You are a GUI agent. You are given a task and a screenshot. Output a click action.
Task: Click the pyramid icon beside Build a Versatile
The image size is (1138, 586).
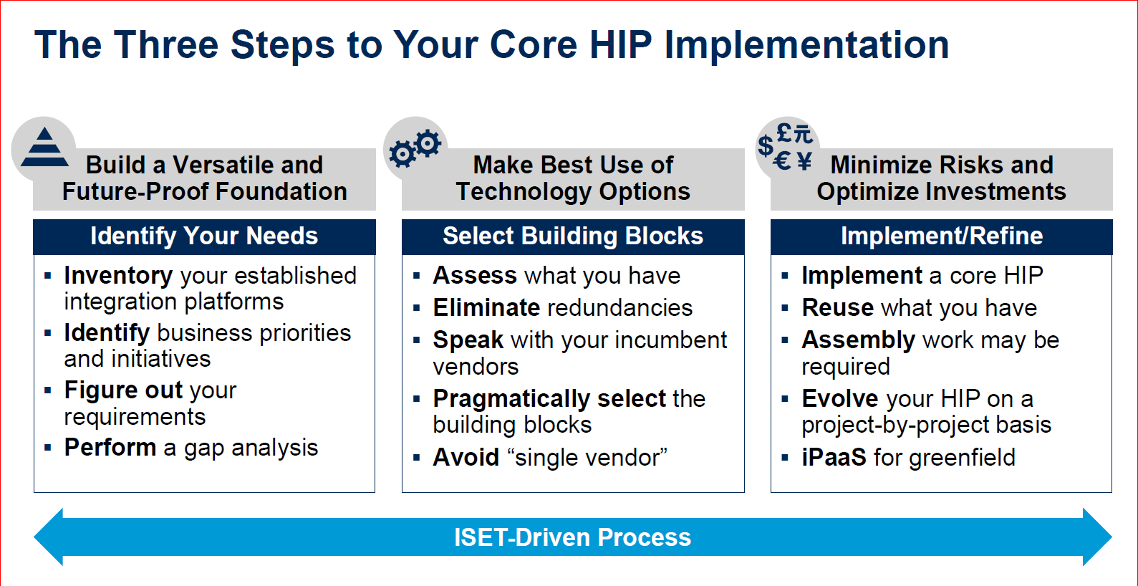pyautogui.click(x=44, y=148)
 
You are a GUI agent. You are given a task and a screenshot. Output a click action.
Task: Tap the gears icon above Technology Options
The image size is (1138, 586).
pyautogui.click(x=415, y=148)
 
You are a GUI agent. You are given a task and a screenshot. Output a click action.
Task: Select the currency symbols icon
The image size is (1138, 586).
pyautogui.click(x=786, y=148)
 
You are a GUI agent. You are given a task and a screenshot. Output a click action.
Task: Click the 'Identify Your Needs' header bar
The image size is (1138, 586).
pyautogui.click(x=204, y=237)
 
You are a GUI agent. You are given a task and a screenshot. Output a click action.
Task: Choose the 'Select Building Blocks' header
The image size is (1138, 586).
pyautogui.click(x=573, y=237)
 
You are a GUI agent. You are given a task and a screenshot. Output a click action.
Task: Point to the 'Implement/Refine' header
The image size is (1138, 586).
pyautogui.click(x=941, y=237)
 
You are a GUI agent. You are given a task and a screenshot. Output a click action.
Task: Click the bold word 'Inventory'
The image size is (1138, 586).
pyautogui.click(x=118, y=277)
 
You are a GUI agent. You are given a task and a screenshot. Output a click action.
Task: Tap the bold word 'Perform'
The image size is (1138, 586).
pyautogui.click(x=110, y=448)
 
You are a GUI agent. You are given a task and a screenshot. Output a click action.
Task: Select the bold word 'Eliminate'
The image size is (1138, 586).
pyautogui.click(x=486, y=308)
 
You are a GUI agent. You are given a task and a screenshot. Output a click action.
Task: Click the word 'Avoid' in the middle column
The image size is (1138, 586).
pyautogui.click(x=466, y=458)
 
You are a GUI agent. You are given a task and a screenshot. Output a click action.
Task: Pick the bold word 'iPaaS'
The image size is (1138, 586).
pyautogui.click(x=834, y=458)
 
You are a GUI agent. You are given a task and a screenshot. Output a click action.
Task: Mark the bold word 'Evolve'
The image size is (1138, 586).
pyautogui.click(x=840, y=399)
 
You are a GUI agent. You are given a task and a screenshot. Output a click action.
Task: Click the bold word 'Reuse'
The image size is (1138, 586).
pyautogui.click(x=837, y=308)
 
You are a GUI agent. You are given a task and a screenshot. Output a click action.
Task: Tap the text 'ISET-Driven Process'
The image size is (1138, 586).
pyautogui.click(x=572, y=537)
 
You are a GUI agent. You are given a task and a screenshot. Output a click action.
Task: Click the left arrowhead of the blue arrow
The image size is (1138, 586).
pyautogui.click(x=49, y=537)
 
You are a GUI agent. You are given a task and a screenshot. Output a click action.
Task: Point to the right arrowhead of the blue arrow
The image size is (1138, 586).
pyautogui.click(x=1097, y=537)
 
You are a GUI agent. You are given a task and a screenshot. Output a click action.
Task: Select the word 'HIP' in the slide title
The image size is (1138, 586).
pyautogui.click(x=620, y=44)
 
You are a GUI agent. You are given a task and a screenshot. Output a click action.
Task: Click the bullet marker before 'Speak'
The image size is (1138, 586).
pyautogui.click(x=417, y=340)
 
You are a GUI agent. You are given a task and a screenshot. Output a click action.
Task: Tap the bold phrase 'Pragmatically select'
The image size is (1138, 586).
pyautogui.click(x=549, y=400)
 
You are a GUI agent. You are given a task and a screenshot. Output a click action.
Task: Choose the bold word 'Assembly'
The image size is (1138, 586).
pyautogui.click(x=858, y=341)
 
